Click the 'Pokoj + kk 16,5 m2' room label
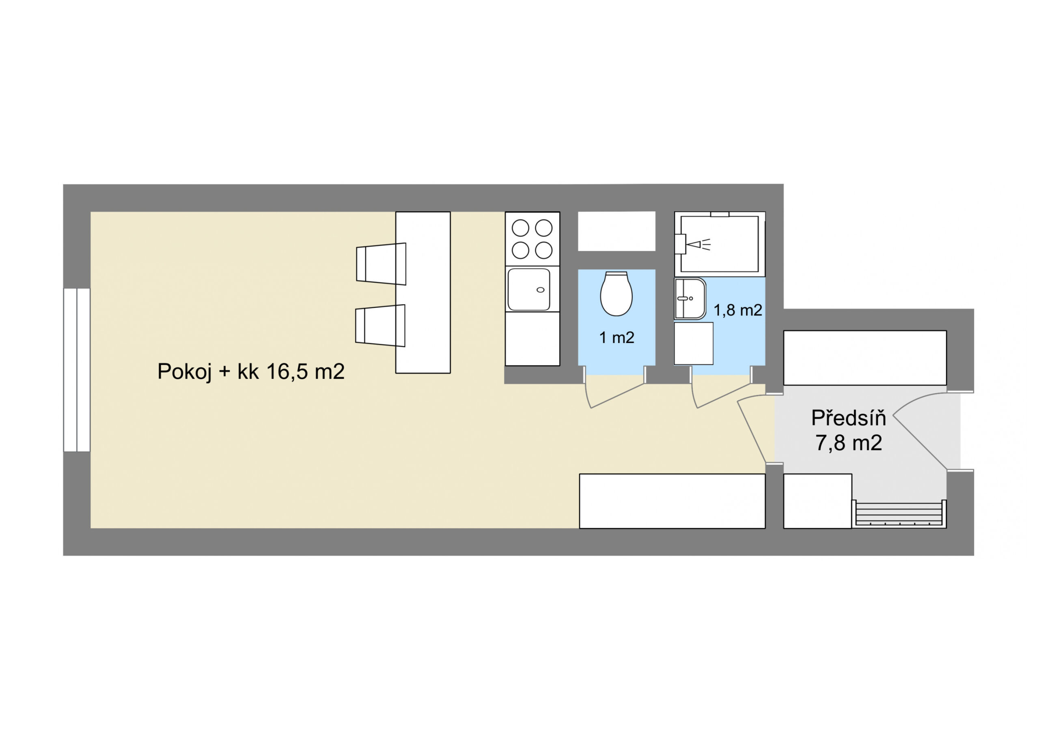251,372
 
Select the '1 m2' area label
617,337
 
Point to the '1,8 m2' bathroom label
738,310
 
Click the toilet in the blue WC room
617,294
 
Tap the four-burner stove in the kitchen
532,239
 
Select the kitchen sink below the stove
529,290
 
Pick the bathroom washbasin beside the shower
690,299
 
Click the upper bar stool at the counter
381,264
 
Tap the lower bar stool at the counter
380,326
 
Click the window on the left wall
77,369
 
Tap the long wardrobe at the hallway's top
865,358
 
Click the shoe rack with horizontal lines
899,514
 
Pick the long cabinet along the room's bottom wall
672,501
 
